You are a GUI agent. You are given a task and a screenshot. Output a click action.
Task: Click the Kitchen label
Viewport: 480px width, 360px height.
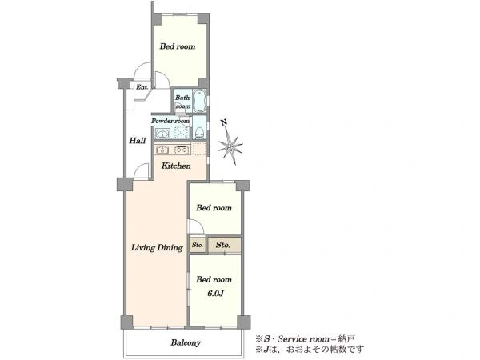point(176,166)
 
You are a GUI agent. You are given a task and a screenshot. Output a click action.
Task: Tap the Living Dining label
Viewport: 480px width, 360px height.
point(157,248)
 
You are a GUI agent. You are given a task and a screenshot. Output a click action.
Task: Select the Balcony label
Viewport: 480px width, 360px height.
point(186,342)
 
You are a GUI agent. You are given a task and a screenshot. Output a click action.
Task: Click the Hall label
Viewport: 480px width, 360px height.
point(137,141)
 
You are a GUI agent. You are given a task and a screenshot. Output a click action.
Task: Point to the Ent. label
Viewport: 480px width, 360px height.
point(142,87)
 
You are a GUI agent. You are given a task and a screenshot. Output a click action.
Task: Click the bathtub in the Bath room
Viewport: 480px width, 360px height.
point(199,101)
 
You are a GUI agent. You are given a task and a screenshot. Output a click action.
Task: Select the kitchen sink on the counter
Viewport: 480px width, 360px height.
point(162,150)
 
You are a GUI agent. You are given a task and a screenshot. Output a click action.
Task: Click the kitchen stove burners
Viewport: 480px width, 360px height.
point(182,150)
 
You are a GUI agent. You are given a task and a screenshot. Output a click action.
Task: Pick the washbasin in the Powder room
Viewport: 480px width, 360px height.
point(162,134)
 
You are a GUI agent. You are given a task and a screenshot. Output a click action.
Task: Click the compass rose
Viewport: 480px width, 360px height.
point(230,146)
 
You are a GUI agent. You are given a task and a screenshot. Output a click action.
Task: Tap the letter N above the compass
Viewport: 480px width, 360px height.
point(224,122)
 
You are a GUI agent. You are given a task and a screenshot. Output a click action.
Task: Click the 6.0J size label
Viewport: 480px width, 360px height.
point(215,294)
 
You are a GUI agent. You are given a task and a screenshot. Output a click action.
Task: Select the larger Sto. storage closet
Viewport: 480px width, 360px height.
point(224,245)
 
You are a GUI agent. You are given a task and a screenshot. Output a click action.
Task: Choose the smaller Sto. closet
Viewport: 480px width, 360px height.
point(198,245)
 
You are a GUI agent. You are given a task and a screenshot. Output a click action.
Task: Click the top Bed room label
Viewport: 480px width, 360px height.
point(178,46)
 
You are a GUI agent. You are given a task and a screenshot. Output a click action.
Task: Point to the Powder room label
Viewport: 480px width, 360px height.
point(170,121)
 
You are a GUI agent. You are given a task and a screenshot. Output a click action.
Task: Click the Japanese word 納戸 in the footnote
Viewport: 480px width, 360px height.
point(346,339)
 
